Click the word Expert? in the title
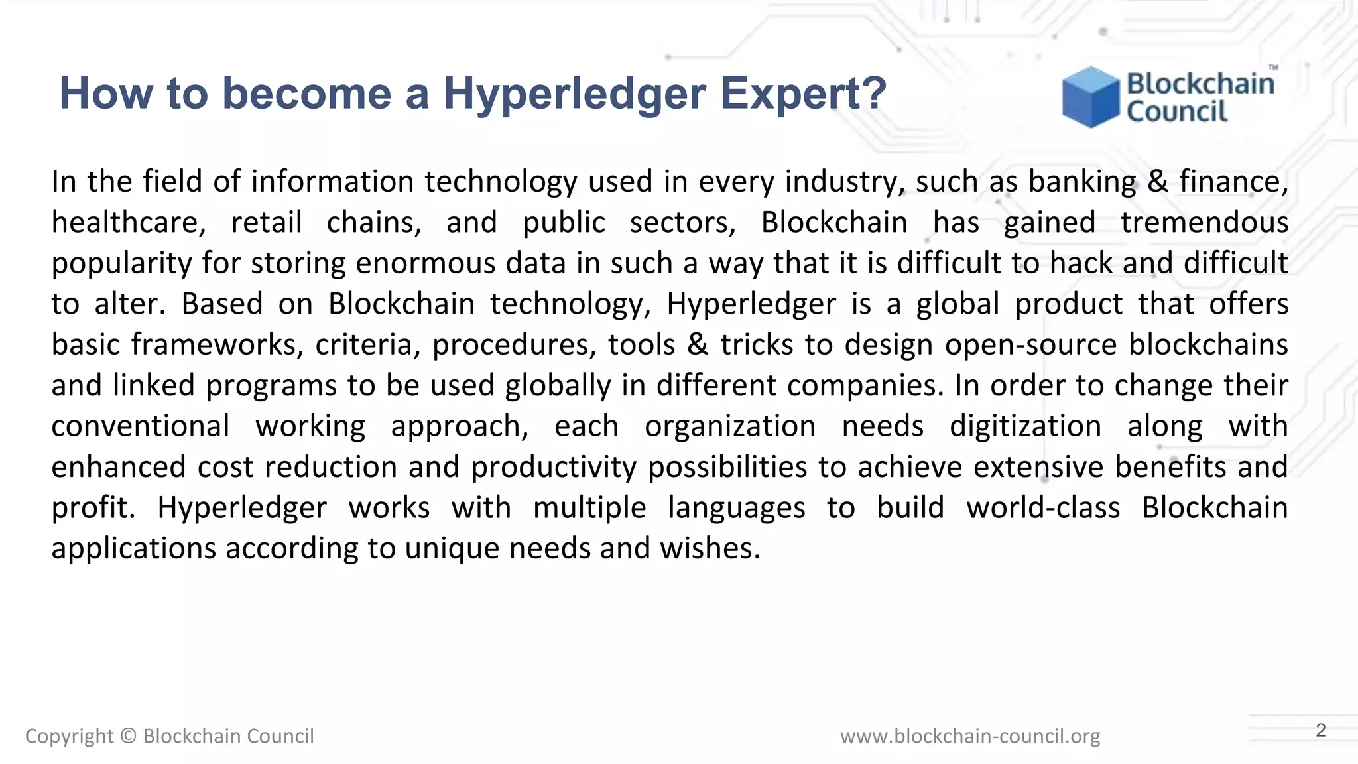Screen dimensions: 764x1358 (803, 94)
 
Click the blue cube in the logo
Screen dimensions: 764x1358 (1090, 97)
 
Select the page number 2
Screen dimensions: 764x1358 (1320, 730)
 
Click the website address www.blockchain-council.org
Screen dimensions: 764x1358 (970, 736)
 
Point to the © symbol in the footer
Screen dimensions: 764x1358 (129, 736)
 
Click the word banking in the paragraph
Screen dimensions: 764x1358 (1082, 182)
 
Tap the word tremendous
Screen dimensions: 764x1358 (1204, 223)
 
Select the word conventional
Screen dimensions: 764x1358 (141, 426)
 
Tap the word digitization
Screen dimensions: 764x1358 (1025, 426)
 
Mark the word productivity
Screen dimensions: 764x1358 (554, 468)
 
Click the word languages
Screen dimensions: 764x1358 (736, 509)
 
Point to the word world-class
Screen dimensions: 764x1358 (1042, 508)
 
